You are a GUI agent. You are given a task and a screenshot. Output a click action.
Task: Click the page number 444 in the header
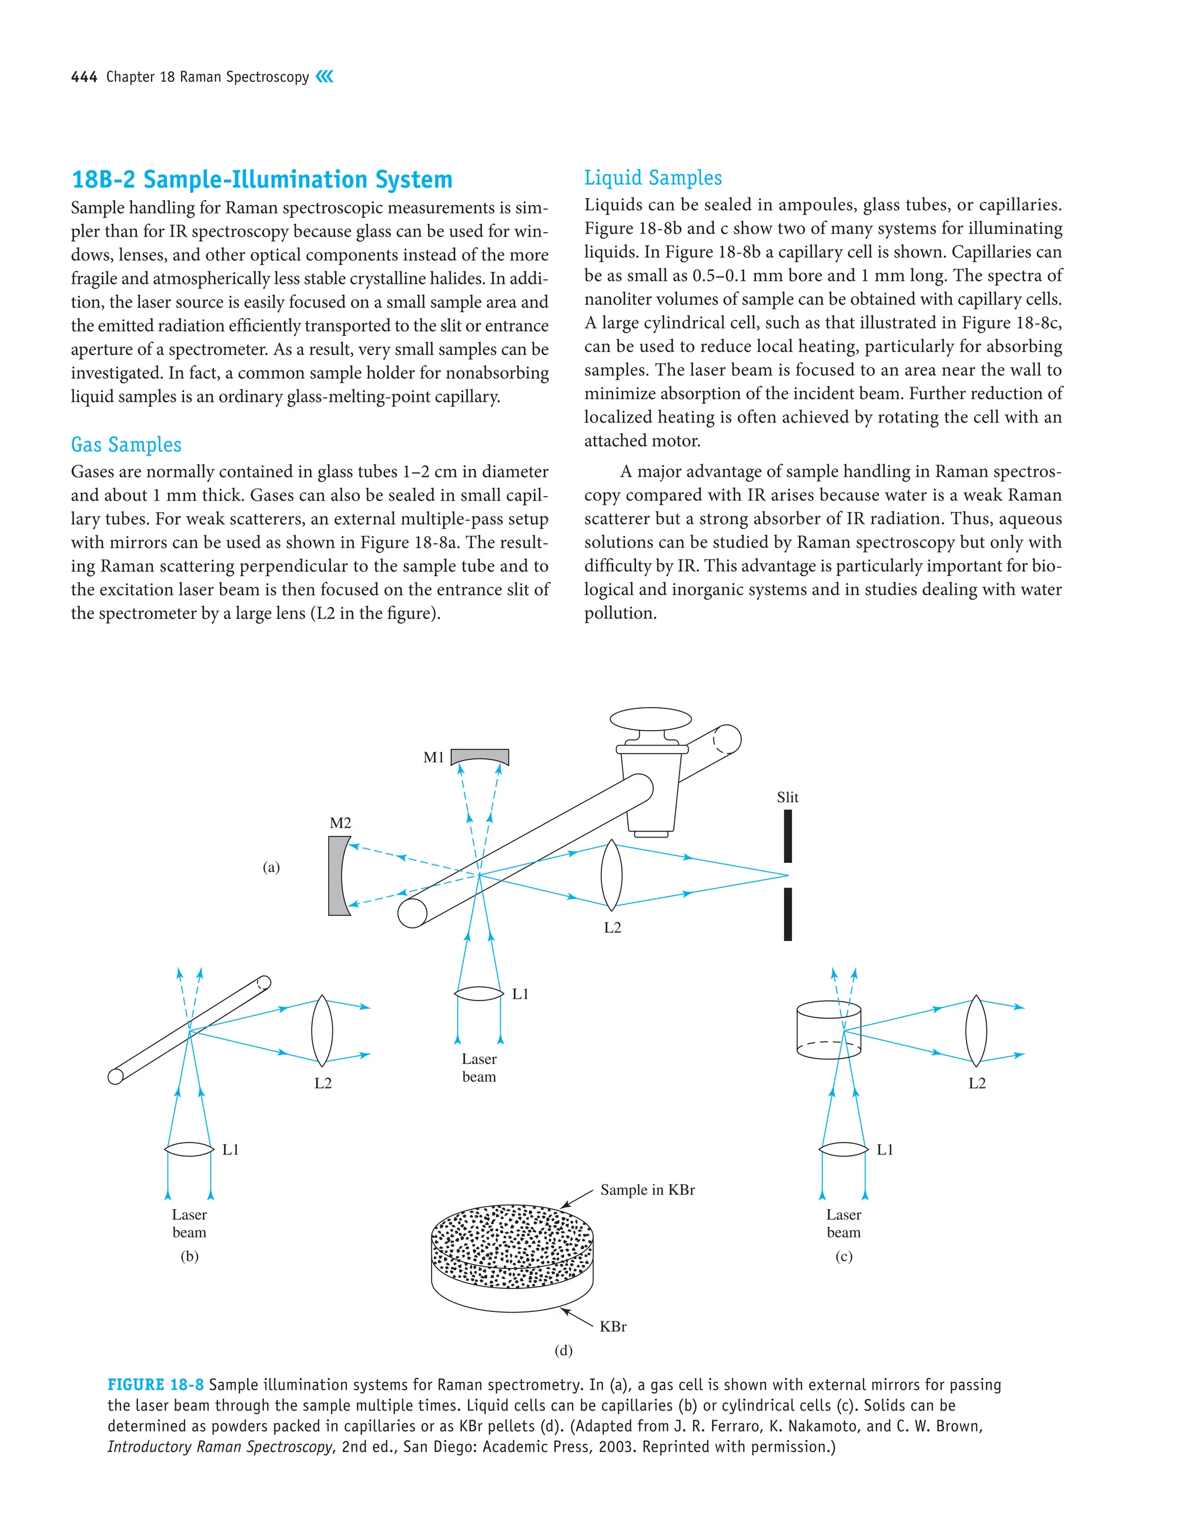pos(84,77)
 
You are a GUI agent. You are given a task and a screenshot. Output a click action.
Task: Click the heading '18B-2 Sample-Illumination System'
pos(262,179)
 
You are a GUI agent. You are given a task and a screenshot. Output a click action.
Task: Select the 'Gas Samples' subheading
pos(126,444)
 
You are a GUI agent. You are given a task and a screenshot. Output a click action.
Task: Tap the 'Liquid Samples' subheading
pos(653,178)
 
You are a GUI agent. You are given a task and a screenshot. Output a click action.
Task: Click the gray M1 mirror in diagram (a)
pos(480,756)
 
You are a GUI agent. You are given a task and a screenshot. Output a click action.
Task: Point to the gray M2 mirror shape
pos(336,876)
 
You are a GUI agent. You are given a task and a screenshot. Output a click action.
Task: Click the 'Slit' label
pos(787,797)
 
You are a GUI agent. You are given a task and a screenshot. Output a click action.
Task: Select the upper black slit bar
pos(788,836)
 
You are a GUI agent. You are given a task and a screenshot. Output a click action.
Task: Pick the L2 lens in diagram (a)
pos(611,875)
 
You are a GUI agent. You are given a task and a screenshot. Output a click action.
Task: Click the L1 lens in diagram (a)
pos(479,993)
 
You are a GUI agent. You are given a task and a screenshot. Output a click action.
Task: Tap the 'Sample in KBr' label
pos(647,1190)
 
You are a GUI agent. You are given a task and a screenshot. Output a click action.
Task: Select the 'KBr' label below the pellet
pos(613,1327)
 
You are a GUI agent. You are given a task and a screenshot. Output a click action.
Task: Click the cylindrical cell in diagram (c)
pos(828,1029)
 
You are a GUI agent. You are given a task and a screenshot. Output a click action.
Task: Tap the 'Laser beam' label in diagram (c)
pos(844,1223)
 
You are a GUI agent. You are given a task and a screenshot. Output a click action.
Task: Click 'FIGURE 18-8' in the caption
pos(155,1384)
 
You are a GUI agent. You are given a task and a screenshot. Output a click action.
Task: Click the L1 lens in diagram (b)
pos(189,1149)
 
